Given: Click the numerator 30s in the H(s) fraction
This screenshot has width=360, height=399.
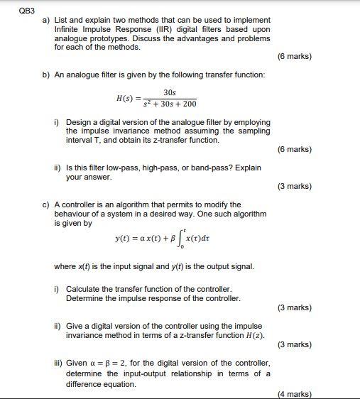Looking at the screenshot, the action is [x=169, y=92].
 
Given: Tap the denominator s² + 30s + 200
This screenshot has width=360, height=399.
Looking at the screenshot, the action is [x=170, y=104].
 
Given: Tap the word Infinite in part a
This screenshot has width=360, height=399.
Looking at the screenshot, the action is [x=67, y=29].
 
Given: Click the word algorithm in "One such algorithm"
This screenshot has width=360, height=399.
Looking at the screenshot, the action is [x=246, y=214].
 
